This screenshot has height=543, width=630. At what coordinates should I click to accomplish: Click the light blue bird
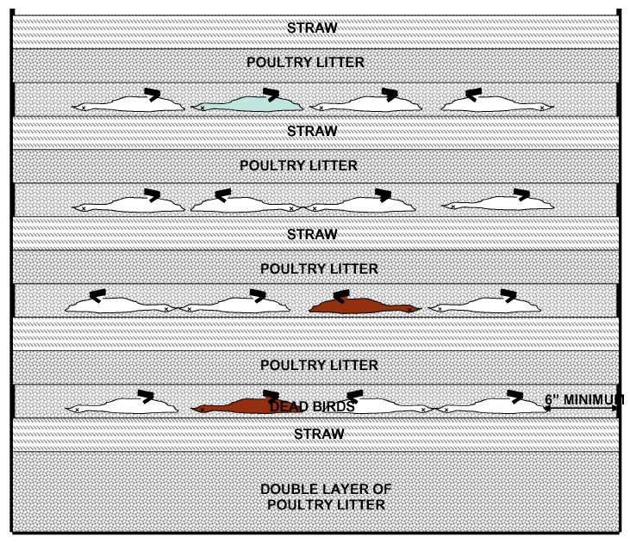[x=248, y=104]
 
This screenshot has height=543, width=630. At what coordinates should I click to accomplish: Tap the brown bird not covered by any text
[x=362, y=305]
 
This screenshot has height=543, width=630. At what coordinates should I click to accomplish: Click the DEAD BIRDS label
[x=312, y=407]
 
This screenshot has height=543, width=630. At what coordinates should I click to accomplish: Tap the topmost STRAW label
[x=312, y=28]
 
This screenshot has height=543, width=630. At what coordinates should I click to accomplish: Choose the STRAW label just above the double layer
[x=319, y=434]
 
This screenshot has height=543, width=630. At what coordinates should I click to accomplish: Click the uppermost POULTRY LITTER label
[x=305, y=62]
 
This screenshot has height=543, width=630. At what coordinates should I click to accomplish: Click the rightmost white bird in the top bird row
[x=496, y=104]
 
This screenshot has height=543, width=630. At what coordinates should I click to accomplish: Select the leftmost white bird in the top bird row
[x=129, y=104]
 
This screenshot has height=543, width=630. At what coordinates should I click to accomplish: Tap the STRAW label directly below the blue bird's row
[x=312, y=131]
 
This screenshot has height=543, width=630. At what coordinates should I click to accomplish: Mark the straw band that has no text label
[x=315, y=333]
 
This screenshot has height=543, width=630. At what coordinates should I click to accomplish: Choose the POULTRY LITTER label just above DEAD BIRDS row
[x=319, y=366]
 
